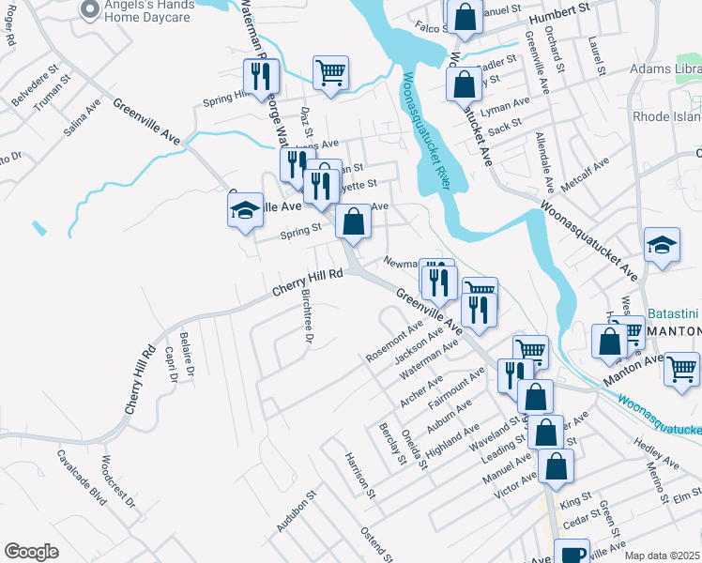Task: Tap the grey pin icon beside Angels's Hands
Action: pyautogui.click(x=90, y=10)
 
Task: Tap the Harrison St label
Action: pyautogui.click(x=359, y=475)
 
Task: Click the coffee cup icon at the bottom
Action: pyautogui.click(x=572, y=554)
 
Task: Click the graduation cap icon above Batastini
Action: pyautogui.click(x=662, y=247)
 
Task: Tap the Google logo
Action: pyautogui.click(x=32, y=552)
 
